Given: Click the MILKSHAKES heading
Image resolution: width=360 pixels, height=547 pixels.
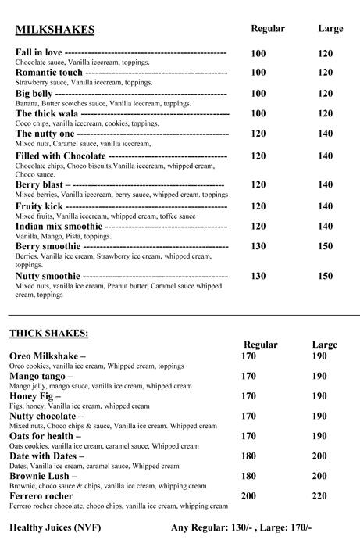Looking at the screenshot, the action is (55, 30).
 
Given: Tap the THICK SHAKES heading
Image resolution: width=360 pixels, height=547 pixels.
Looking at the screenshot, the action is (48, 333).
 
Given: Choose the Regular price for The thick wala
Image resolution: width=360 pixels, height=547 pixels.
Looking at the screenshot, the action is (258, 114).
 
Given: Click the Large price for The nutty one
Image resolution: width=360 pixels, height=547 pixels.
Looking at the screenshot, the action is (326, 134).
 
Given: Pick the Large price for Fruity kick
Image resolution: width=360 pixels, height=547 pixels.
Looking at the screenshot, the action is (326, 207).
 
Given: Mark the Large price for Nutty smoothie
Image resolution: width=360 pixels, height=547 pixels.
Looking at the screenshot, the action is (326, 276).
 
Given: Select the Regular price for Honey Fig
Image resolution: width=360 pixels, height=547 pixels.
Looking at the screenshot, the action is (248, 396).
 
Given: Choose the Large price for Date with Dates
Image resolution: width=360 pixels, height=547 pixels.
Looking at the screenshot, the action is (319, 456).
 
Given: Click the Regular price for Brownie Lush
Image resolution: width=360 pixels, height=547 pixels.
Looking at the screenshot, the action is (248, 476).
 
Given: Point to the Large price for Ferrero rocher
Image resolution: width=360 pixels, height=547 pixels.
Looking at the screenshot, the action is (319, 496).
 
